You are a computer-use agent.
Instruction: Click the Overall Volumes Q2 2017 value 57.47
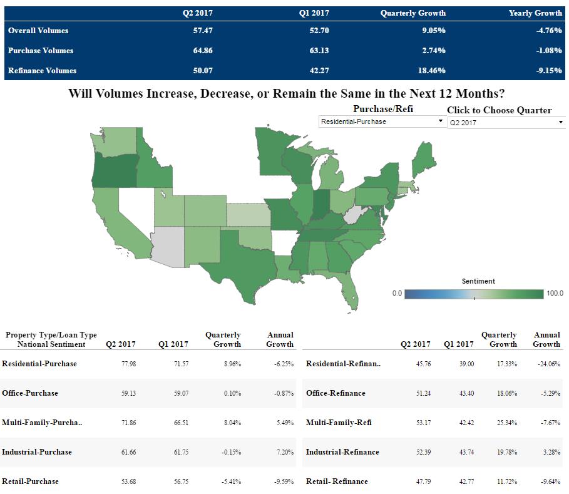pos(203,31)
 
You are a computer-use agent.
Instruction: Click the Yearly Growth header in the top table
pos(535,13)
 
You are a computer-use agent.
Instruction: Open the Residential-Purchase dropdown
pos(381,121)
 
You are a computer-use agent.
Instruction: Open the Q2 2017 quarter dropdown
pos(506,123)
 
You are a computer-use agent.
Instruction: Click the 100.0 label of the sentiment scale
pos(555,294)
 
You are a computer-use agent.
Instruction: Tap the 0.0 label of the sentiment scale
pos(397,294)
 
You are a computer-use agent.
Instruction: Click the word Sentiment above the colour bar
pos(478,282)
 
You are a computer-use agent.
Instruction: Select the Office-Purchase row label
pos(30,393)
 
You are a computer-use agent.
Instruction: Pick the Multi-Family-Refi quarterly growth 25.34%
pos(506,423)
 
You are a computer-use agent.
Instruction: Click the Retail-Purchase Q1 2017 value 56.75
pos(180,481)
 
